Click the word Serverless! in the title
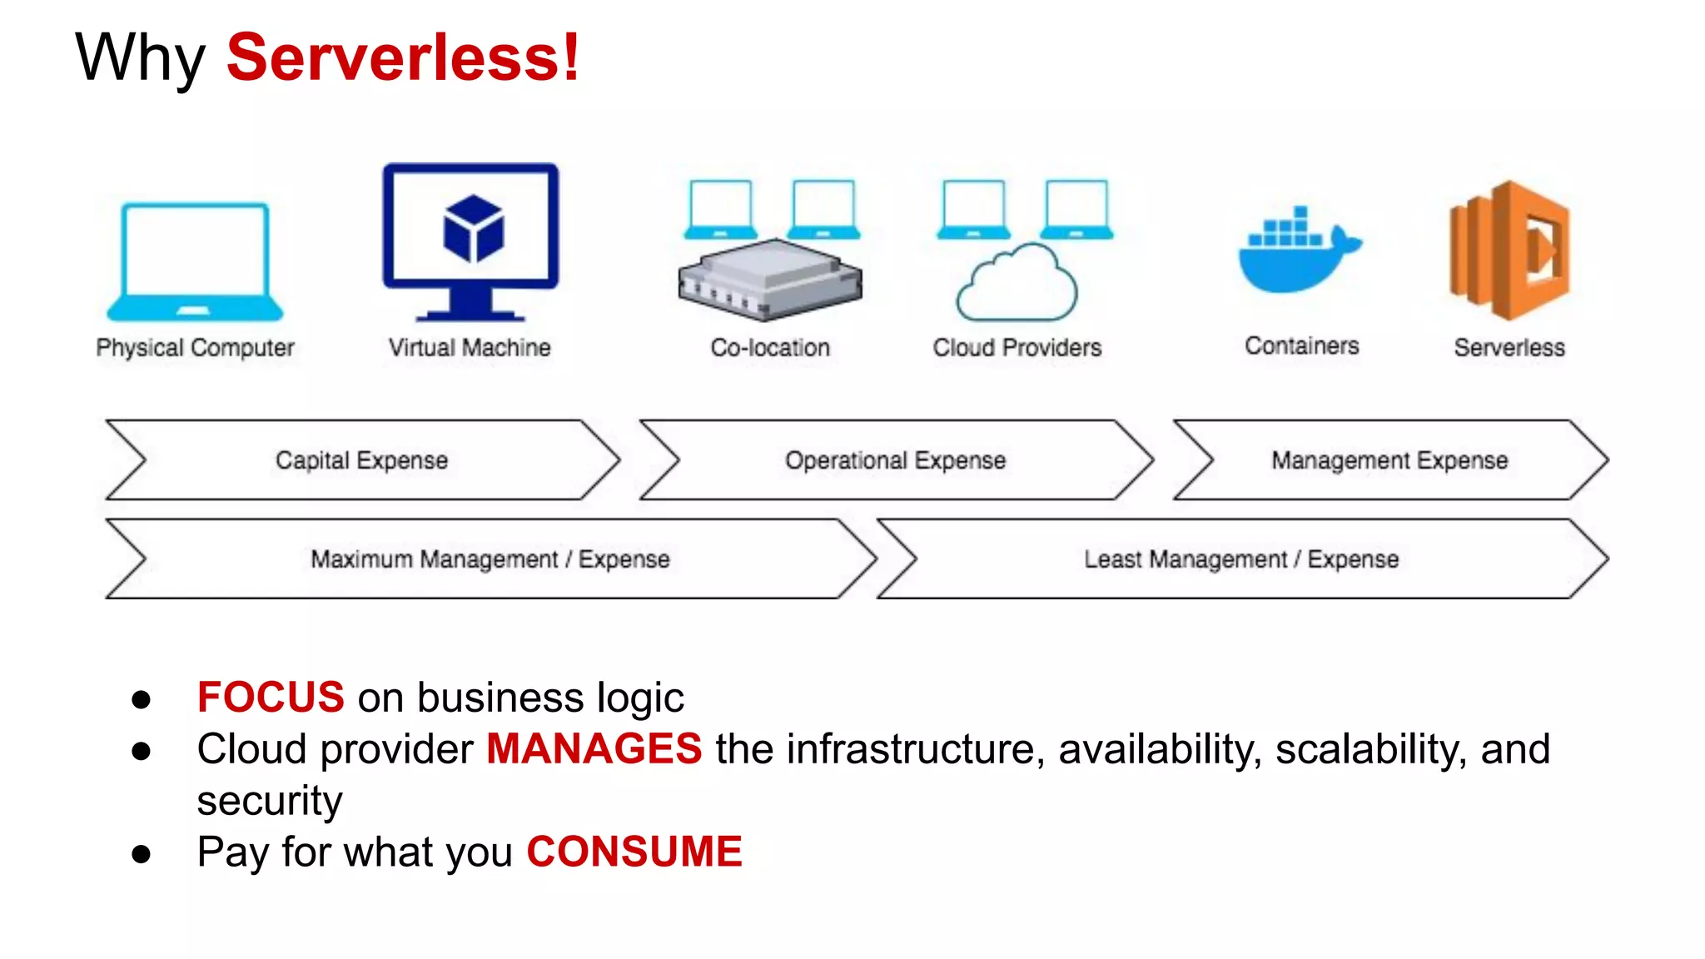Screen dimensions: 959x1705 [403, 57]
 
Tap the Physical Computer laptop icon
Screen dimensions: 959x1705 [195, 261]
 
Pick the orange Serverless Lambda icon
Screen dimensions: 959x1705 [1509, 250]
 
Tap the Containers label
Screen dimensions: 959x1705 [1302, 345]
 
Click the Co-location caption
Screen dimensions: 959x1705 [770, 347]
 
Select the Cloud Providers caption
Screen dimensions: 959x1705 [1017, 347]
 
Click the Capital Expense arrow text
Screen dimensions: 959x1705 [362, 460]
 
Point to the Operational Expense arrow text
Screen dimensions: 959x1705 [896, 460]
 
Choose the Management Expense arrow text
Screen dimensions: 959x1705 [1389, 460]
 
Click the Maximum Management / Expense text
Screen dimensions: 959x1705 [490, 559]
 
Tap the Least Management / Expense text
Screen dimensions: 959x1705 [1241, 559]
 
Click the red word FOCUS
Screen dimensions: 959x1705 [271, 698]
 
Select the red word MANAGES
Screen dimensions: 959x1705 [594, 748]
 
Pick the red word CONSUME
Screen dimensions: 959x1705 [634, 852]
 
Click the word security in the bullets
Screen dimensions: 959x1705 [270, 801]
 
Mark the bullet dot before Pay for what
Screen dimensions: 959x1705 [142, 853]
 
